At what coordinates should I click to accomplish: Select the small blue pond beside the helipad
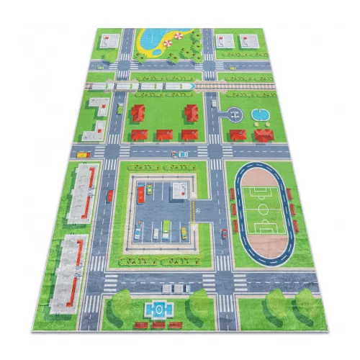(x=259, y=114)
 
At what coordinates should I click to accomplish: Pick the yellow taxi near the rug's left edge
(x=82, y=153)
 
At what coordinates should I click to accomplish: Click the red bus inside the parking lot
(x=141, y=194)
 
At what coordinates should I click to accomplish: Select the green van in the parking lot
(x=166, y=229)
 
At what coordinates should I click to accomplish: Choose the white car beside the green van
(x=156, y=233)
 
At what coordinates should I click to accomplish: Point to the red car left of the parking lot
(x=110, y=195)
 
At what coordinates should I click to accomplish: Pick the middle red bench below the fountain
(x=158, y=325)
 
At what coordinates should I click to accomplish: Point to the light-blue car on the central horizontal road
(x=183, y=153)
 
